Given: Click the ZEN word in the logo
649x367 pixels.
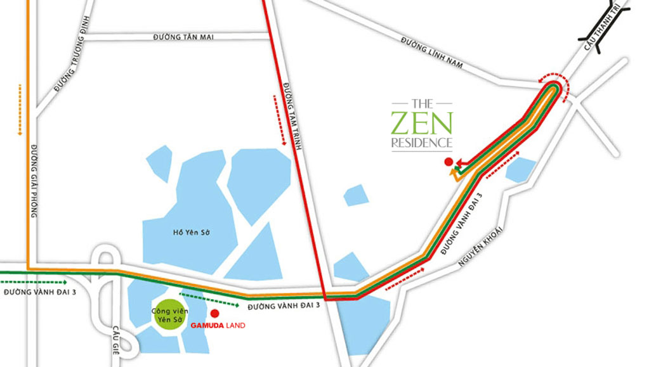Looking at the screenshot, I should pos(422,122).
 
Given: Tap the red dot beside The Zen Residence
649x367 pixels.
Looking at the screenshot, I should pos(449,161).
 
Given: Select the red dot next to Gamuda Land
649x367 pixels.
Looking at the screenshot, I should pos(214,313).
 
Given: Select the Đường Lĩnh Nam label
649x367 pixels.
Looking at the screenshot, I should pos(432,53).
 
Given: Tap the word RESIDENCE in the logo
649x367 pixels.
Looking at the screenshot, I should pos(422,143).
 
